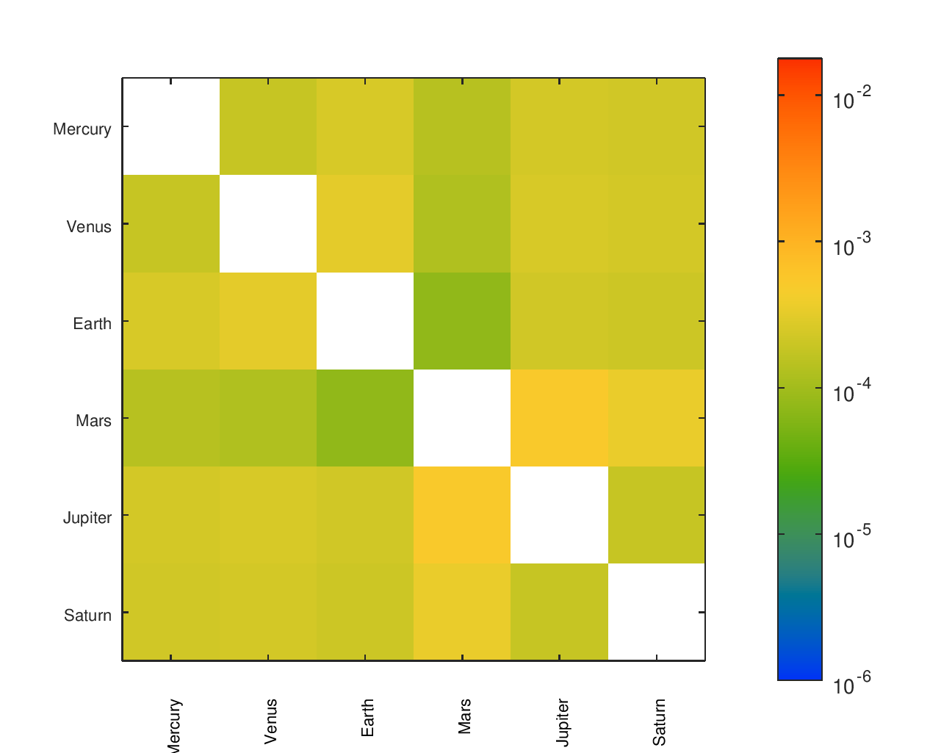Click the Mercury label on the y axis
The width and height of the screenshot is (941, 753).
(x=82, y=129)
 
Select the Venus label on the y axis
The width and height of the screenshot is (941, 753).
(x=89, y=226)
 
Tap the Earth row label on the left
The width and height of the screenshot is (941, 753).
(x=92, y=323)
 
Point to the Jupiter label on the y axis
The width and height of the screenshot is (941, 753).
(x=87, y=518)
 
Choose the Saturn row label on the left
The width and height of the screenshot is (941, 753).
(x=87, y=615)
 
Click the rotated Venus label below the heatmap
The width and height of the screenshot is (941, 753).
(x=271, y=721)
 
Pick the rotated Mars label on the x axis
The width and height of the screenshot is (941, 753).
(x=465, y=716)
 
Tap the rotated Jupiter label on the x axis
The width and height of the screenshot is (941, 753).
(x=562, y=723)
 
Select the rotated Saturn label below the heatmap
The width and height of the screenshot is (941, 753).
(x=659, y=721)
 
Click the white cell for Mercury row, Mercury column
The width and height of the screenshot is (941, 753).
(x=171, y=126)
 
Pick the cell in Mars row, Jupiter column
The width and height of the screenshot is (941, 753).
(x=559, y=418)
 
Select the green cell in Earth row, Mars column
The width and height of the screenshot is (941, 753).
(x=462, y=321)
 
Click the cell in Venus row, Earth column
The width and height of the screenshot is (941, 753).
(x=365, y=223)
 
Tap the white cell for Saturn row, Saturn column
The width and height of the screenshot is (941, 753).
(x=656, y=612)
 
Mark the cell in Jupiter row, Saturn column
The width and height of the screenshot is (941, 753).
(x=656, y=515)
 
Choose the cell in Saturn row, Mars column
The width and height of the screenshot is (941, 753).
(x=462, y=612)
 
